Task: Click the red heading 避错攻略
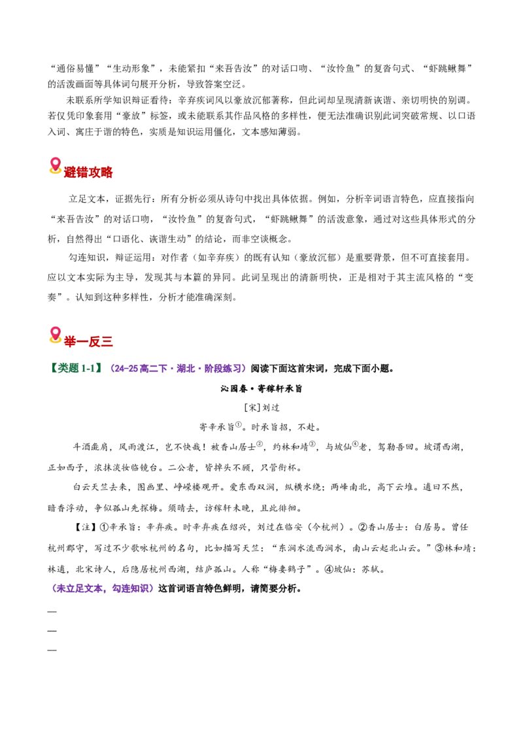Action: pyautogui.click(x=88, y=172)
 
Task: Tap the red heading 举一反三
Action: pyautogui.click(x=88, y=341)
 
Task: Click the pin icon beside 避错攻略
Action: pyautogui.click(x=55, y=165)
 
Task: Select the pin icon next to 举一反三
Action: pyautogui.click(x=55, y=335)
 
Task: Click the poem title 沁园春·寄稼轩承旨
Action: pyautogui.click(x=261, y=389)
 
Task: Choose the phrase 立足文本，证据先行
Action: pyautogui.click(x=110, y=199)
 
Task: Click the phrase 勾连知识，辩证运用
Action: pyautogui.click(x=110, y=258)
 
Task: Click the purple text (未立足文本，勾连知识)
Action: pyautogui.click(x=103, y=589)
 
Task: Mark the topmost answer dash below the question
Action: pyautogui.click(x=52, y=612)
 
